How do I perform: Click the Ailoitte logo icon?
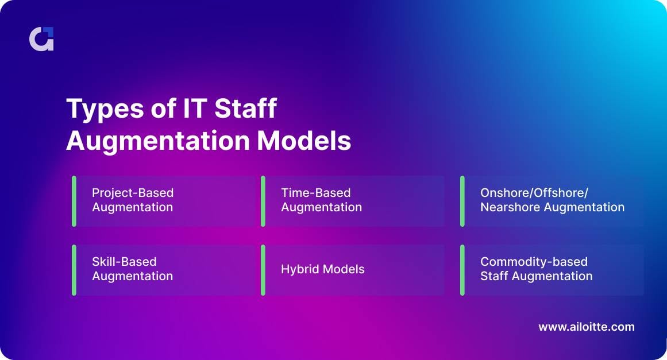(x=41, y=39)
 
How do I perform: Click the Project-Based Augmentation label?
(x=132, y=200)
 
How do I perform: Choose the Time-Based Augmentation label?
(x=321, y=200)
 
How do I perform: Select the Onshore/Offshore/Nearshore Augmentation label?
(x=552, y=200)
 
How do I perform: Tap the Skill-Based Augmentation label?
(x=132, y=269)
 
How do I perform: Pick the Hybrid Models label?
(x=322, y=269)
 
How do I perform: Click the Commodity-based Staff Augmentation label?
(x=536, y=269)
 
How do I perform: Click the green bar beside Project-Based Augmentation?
(x=74, y=201)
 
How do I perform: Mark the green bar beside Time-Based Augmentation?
(x=263, y=201)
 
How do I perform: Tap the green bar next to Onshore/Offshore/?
(x=462, y=201)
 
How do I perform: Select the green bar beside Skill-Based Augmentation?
(x=74, y=270)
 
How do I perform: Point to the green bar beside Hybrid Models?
(x=263, y=270)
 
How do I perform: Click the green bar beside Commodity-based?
(x=462, y=270)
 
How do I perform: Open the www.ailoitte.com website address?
(x=586, y=327)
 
